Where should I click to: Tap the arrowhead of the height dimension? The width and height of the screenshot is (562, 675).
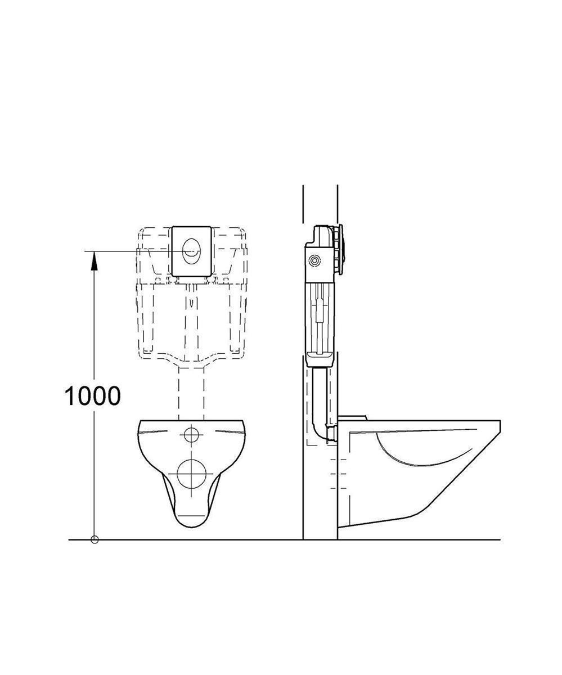click(x=94, y=262)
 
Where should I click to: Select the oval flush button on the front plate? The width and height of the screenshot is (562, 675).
click(x=191, y=252)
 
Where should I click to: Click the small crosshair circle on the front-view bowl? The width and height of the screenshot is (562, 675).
click(x=191, y=435)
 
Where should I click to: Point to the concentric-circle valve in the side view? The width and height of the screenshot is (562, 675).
click(x=314, y=261)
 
